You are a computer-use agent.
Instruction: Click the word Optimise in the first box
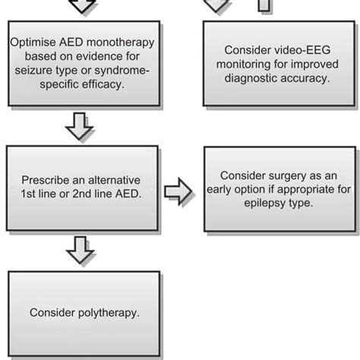coord(33,43)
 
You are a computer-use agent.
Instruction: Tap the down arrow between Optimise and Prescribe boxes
coord(79,127)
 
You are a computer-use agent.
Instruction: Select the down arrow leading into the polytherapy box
coord(79,248)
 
